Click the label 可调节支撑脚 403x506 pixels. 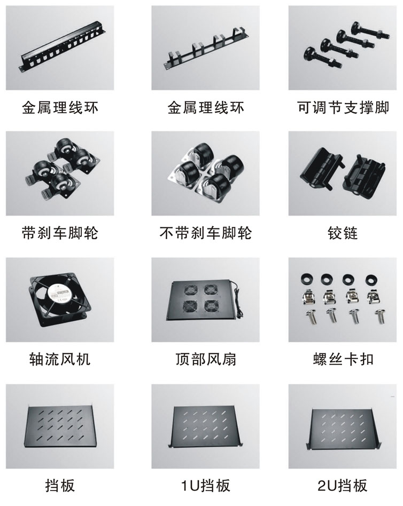(343, 107)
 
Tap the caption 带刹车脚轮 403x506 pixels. (60, 233)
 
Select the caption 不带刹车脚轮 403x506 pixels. (206, 233)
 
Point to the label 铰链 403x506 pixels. (343, 233)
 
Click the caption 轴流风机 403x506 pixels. (60, 359)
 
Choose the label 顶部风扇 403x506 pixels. (206, 359)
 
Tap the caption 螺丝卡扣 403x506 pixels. (343, 359)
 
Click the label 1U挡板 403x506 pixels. (206, 485)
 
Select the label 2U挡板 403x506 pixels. (343, 485)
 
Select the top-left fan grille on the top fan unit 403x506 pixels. (191, 289)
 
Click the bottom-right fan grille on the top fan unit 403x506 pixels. (211, 306)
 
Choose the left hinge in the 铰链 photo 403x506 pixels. (322, 168)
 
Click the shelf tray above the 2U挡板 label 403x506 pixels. (343, 428)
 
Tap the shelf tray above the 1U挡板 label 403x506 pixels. (205, 426)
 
